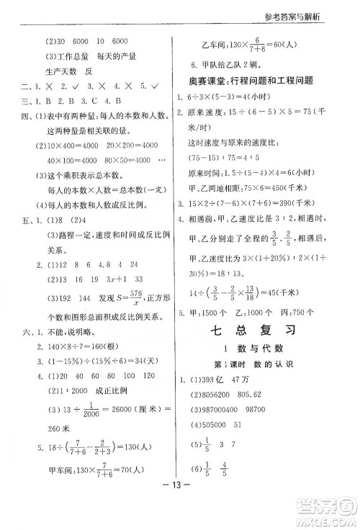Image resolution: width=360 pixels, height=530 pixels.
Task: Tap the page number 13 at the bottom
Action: pyautogui.click(x=180, y=503)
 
